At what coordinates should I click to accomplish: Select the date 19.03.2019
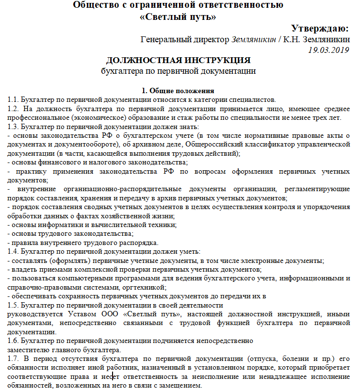tap(328, 49)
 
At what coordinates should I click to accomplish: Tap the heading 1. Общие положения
tap(178, 90)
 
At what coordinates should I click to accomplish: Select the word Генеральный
tap(162, 39)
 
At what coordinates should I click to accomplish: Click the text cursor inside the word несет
tap(113, 376)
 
